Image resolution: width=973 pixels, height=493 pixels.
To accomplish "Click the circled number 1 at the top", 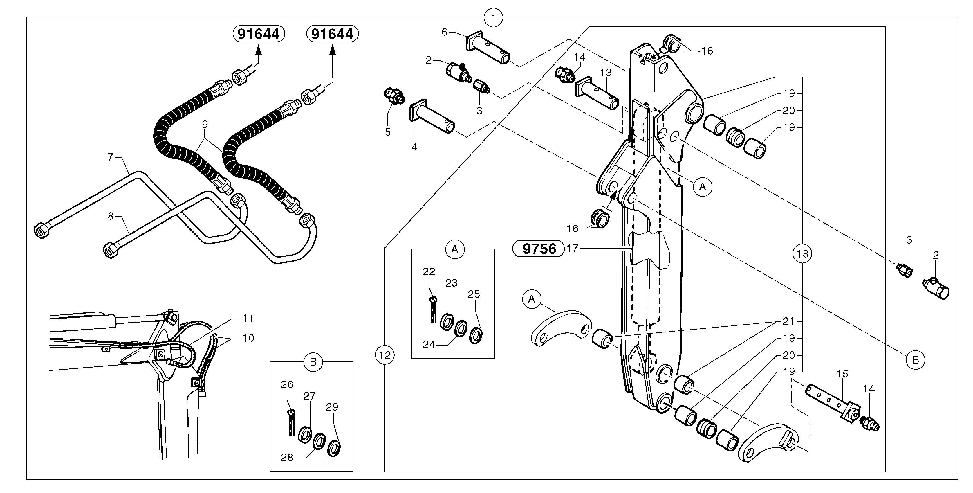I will tap(493, 17).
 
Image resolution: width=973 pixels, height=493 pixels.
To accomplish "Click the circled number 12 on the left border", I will tap(384, 355).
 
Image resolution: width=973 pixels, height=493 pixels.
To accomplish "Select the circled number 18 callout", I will tap(802, 253).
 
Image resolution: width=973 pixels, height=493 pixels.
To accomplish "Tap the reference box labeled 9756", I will tap(539, 249).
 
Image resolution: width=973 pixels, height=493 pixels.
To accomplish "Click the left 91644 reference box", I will tap(258, 34).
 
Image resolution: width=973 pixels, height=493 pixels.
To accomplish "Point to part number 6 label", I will tap(444, 33).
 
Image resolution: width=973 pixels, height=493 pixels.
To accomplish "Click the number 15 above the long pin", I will tap(842, 374).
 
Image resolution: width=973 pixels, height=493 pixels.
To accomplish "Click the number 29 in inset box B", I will tap(332, 407).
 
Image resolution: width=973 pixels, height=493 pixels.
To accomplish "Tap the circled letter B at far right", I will tap(915, 360).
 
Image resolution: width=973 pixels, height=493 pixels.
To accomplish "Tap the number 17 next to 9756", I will tap(573, 249).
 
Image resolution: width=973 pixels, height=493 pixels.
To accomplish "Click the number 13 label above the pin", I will tap(606, 73).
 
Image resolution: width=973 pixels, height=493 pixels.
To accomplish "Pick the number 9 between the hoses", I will tap(205, 124).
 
